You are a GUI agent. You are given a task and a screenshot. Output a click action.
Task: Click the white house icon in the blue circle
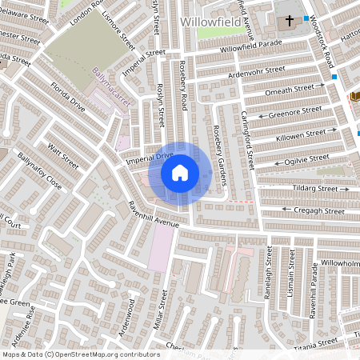(x=180, y=172)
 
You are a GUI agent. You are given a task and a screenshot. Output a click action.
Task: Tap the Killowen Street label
(x=300, y=134)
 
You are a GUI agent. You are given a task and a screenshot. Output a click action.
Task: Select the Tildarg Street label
(x=314, y=189)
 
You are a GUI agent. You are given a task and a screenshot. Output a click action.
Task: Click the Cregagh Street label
(x=320, y=210)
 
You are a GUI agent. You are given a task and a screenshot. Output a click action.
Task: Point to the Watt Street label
(x=63, y=154)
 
